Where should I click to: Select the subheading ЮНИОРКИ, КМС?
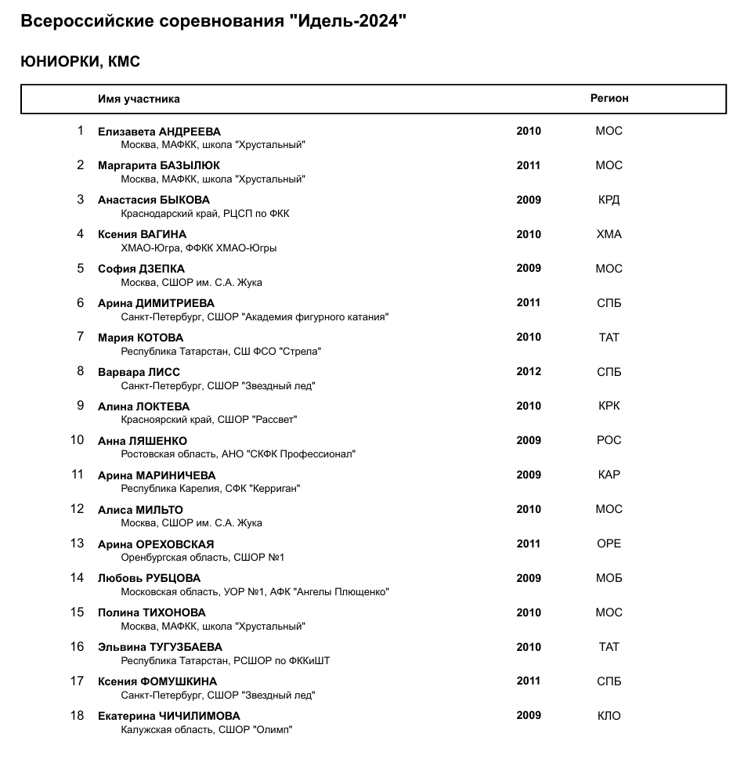80,62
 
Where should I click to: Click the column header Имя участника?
139,99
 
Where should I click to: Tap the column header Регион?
609,99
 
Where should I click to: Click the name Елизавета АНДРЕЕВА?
159,132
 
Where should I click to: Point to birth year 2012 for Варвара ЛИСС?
529,371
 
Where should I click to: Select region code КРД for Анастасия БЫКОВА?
609,200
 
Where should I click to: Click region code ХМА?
609,234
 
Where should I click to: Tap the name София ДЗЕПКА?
141,269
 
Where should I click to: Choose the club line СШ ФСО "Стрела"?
221,352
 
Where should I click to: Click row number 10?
77,440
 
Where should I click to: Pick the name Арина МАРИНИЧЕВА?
157,475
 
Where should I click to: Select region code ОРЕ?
609,544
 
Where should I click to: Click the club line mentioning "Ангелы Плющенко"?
255,592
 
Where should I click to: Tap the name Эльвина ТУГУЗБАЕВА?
160,647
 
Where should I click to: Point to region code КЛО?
609,716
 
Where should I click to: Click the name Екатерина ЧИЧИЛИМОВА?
168,716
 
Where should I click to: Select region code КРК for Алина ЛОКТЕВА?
609,406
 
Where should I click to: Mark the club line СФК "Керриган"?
211,489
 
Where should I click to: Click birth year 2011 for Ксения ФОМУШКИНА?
529,681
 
